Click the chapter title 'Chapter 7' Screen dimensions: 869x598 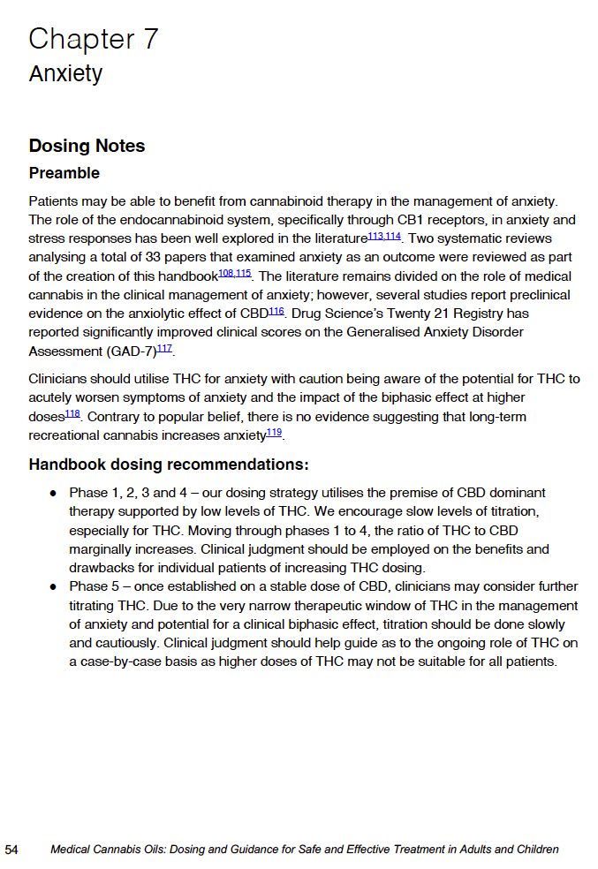pos(94,39)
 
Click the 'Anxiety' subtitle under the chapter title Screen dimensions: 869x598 pos(65,73)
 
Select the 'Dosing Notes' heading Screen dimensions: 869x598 pos(87,146)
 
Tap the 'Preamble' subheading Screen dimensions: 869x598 pos(64,173)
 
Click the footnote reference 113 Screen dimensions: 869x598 pos(375,236)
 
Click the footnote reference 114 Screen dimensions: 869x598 pos(393,236)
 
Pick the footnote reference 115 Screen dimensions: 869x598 pos(243,273)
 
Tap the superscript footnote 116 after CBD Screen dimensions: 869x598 pos(276,310)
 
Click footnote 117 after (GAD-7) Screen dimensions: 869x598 pos(164,347)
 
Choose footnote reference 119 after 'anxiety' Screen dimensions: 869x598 pos(274,432)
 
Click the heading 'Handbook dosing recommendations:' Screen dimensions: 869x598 pos(168,465)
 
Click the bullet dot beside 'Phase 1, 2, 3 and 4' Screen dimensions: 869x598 pos(53,493)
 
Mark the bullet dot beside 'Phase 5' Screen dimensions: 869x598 pos(53,587)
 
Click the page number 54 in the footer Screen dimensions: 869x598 pos(11,850)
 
